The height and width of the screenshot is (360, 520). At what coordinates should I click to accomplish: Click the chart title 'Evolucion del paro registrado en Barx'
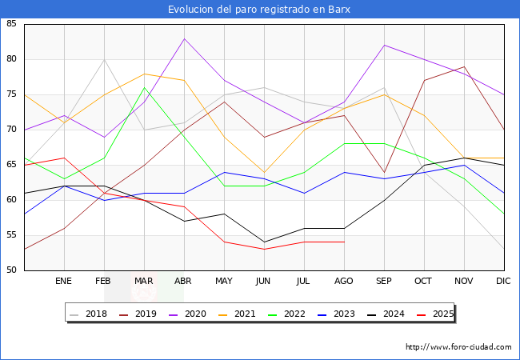click(259, 10)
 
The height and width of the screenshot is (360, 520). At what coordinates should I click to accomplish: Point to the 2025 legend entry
click(442, 314)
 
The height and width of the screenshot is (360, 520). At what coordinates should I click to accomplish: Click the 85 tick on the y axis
click(11, 24)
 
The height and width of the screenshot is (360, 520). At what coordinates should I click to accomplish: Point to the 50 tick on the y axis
click(11, 270)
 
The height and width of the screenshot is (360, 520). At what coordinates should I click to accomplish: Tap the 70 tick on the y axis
click(11, 130)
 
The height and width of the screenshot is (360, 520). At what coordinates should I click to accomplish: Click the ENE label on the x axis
click(64, 282)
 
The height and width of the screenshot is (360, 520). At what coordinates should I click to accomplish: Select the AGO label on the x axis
click(344, 282)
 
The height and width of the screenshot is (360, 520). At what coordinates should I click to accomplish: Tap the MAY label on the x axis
click(224, 282)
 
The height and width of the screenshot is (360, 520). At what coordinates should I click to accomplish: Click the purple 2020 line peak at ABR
click(185, 38)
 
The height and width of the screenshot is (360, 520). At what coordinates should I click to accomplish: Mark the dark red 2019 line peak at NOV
click(464, 66)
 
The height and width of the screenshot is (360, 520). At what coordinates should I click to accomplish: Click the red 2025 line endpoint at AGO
click(344, 242)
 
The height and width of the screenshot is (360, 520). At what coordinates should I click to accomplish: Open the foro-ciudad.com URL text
click(458, 347)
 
